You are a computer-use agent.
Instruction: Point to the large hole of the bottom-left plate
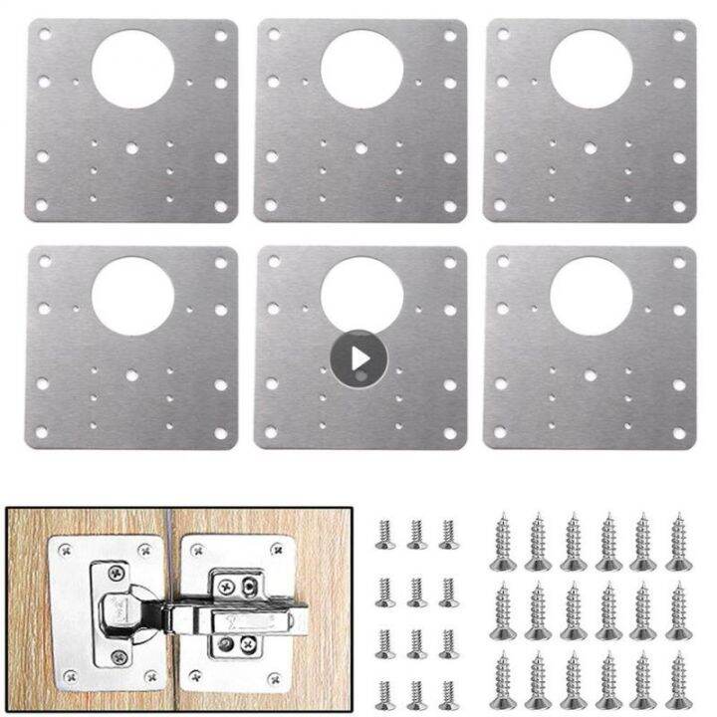tap(132, 295)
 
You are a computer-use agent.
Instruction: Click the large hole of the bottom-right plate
tap(591, 295)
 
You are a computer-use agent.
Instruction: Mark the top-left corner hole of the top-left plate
tap(44, 36)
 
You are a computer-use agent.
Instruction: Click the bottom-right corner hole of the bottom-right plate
tap(679, 434)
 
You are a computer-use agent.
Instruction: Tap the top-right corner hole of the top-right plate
tap(679, 35)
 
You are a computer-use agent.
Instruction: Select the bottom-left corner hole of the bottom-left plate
tap(44, 434)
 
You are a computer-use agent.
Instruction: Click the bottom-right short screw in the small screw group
tap(445, 686)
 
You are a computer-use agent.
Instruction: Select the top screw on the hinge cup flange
tap(118, 572)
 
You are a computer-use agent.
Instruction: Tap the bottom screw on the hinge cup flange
tap(118, 657)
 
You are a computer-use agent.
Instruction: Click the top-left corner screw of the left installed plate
tap(66, 547)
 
